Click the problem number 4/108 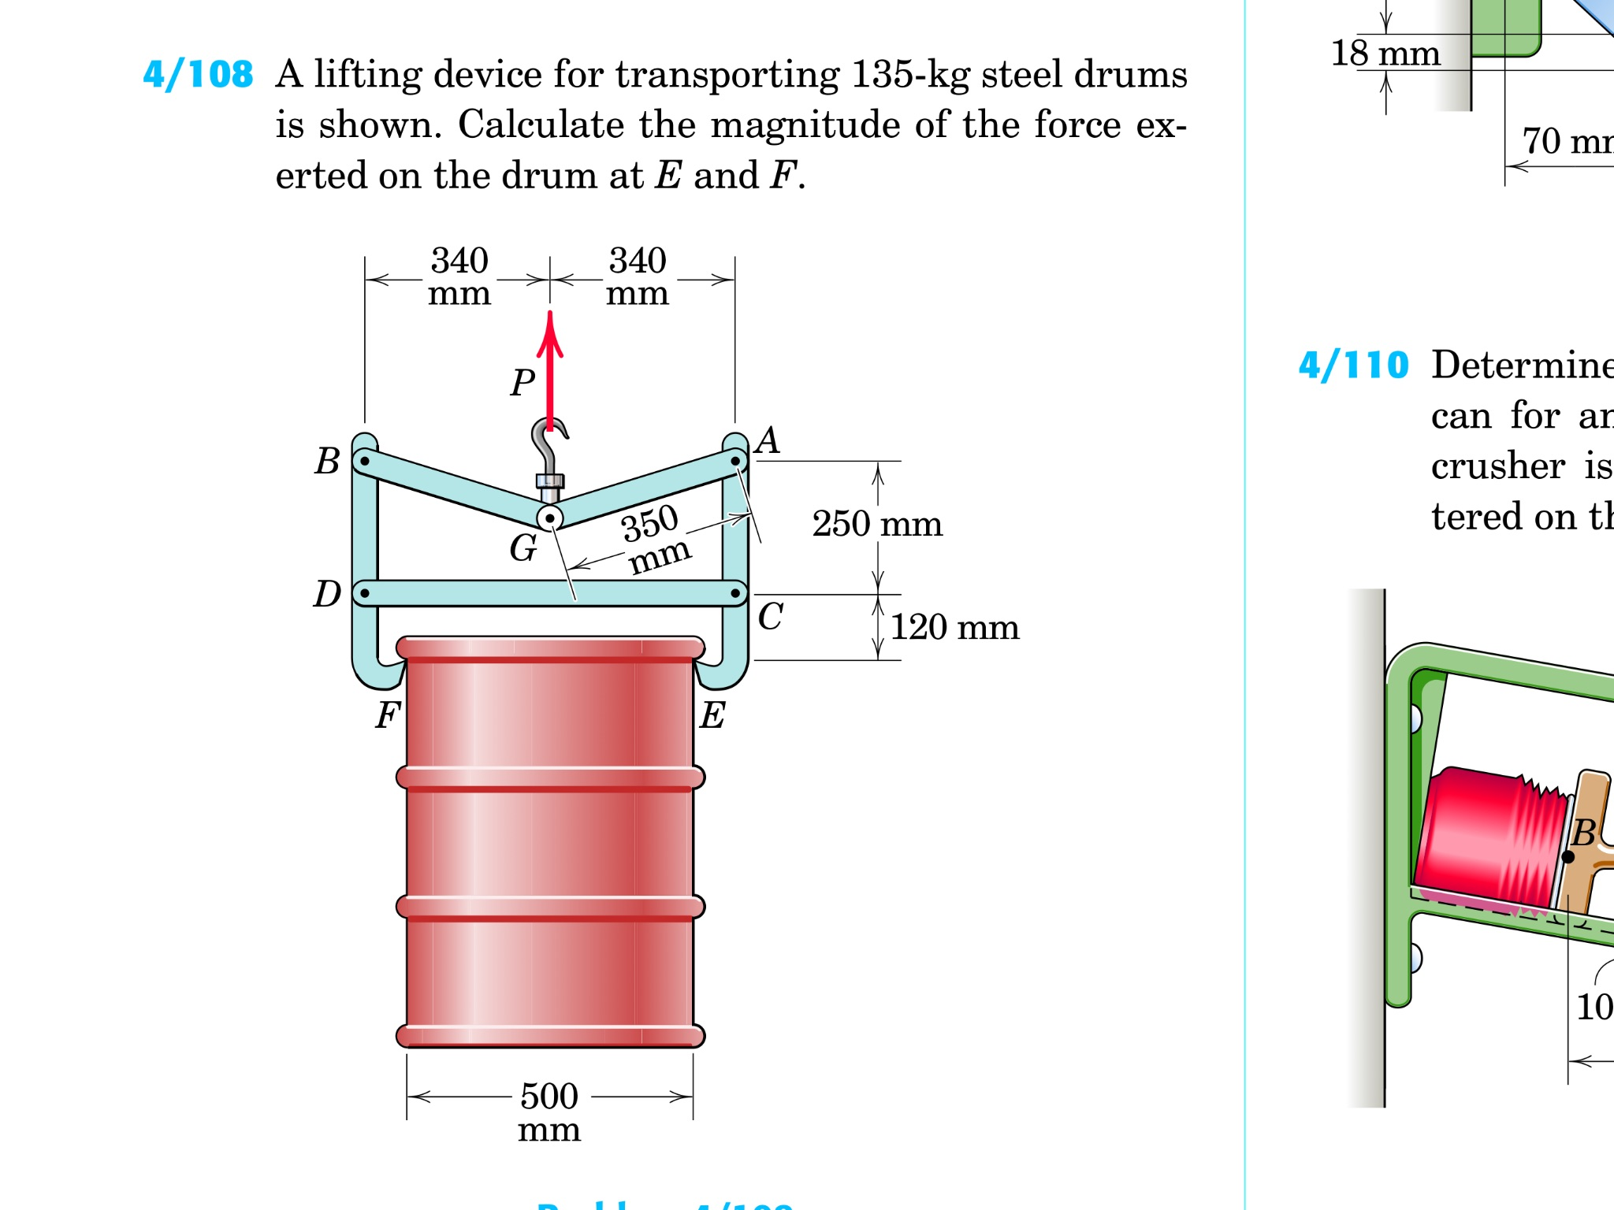198,76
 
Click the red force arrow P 550,370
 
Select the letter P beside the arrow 523,384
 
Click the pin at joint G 550,518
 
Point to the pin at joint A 735,461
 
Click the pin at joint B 365,461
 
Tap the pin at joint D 365,593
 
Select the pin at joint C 735,593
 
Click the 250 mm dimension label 877,525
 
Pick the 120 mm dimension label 954,628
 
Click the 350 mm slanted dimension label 654,539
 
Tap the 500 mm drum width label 549,1111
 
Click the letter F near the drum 388,715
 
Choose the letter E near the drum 712,715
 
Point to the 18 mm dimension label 1385,54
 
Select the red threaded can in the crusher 1489,839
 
